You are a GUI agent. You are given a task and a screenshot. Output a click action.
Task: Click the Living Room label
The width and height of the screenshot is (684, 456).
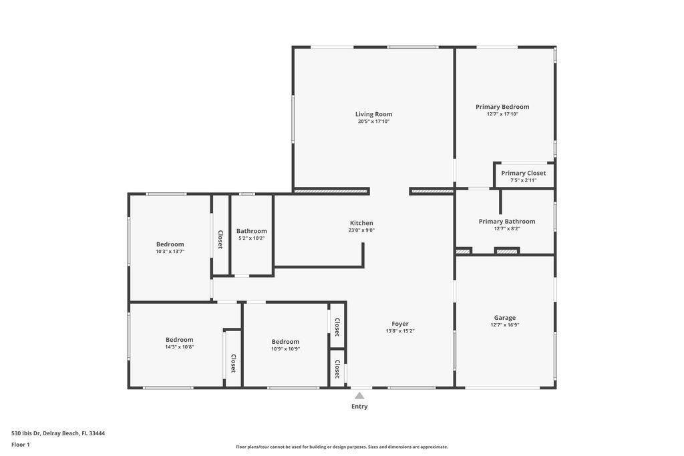coord(373,114)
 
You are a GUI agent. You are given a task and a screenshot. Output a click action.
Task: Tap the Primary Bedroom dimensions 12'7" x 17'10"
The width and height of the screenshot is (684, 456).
coord(502,114)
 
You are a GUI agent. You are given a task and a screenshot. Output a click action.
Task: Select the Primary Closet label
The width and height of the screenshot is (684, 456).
coord(523,173)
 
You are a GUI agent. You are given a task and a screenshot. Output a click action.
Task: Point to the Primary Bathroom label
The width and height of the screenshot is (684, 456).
coord(506,222)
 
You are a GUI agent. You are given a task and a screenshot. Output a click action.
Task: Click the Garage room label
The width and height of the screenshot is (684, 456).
coord(504,318)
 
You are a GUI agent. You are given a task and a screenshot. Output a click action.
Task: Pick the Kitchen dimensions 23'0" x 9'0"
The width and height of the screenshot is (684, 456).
coord(361,230)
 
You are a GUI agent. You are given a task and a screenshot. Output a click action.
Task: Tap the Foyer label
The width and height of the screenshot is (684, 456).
coord(400,324)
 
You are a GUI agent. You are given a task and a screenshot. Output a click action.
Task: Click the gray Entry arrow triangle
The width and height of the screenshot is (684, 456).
coord(359,395)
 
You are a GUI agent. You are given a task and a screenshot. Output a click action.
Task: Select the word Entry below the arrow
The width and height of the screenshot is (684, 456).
coord(359,407)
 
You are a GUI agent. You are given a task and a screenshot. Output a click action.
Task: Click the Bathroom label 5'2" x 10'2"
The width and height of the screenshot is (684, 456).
coord(251,232)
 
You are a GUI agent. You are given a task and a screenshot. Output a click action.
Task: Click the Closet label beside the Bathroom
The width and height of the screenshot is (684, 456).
coord(220,240)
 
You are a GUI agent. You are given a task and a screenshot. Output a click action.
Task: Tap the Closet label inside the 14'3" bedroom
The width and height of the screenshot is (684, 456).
coord(233,363)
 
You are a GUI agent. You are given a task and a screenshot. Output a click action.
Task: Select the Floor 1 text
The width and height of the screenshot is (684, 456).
coord(21,445)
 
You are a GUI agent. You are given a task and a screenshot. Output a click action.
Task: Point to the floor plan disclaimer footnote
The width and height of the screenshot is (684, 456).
coord(341,447)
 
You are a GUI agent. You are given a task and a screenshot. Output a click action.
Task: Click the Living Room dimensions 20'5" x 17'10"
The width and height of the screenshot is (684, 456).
coord(373,122)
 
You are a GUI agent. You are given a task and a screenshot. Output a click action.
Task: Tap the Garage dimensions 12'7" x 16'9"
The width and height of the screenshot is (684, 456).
coord(504,325)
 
